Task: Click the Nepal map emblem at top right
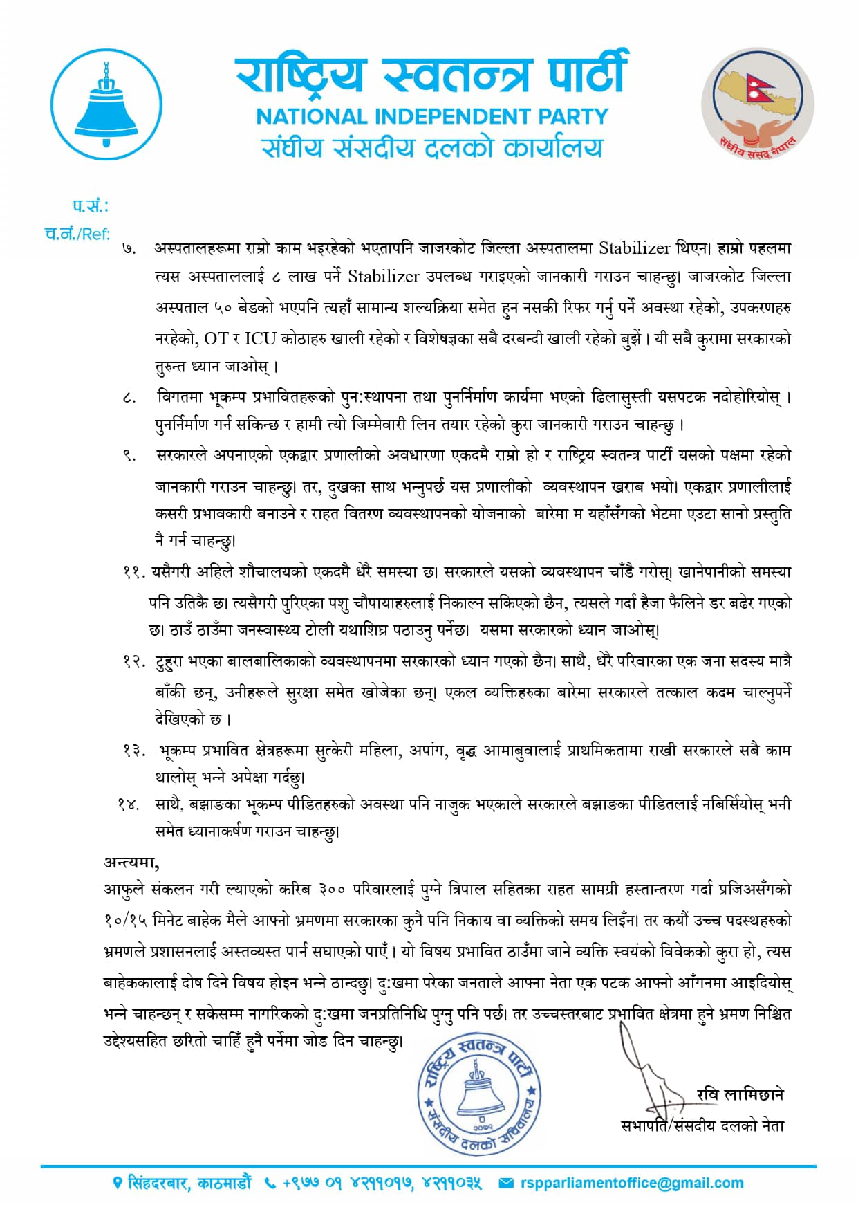tap(758, 104)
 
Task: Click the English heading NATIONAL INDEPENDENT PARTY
tap(432, 116)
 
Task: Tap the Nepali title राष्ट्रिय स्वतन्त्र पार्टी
tap(431, 75)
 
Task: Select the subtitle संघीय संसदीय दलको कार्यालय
tap(432, 147)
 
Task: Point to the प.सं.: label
tap(91, 205)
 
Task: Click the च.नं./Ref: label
tap(77, 234)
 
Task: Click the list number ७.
tap(129, 249)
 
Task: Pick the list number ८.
tap(129, 398)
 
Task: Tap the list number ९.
tap(129, 456)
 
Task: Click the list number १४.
tap(129, 804)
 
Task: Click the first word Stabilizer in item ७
tap(635, 248)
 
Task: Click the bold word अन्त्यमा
tap(131, 862)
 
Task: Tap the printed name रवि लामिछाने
tap(740, 1094)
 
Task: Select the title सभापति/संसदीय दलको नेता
tap(702, 1125)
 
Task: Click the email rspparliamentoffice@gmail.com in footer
tap(632, 1184)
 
